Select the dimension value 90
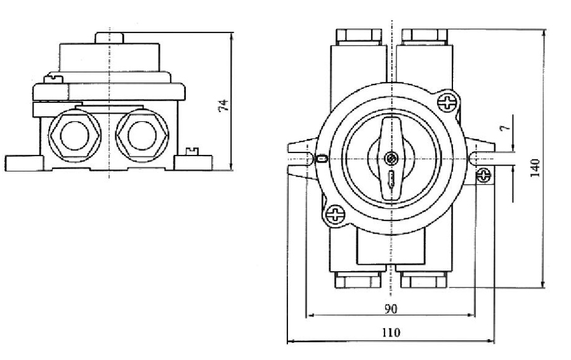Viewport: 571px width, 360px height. [x=391, y=309]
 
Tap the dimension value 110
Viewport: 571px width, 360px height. [x=391, y=333]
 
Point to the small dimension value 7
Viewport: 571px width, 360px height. [x=503, y=128]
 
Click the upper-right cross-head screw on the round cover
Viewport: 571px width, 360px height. [x=449, y=102]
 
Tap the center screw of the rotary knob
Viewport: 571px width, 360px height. [x=391, y=158]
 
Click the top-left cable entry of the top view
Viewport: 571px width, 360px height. [x=358, y=35]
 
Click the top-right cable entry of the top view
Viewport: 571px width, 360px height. [x=424, y=35]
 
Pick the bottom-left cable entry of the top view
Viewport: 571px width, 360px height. [x=358, y=279]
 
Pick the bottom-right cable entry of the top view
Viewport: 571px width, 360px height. [x=424, y=279]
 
